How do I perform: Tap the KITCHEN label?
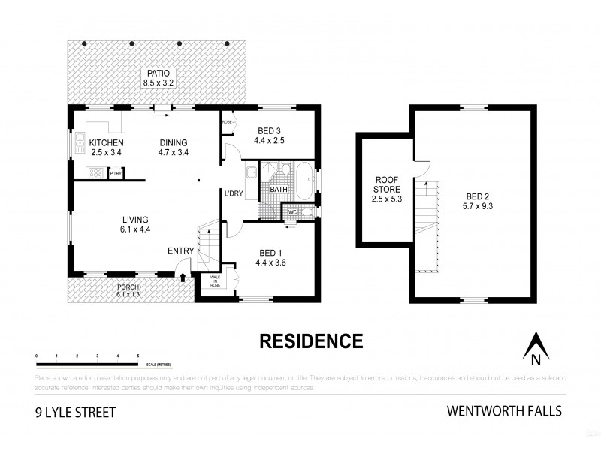106,143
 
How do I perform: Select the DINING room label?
173,143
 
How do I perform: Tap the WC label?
292,212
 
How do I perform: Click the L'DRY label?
233,194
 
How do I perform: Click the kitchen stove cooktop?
95,174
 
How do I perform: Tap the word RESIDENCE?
310,341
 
